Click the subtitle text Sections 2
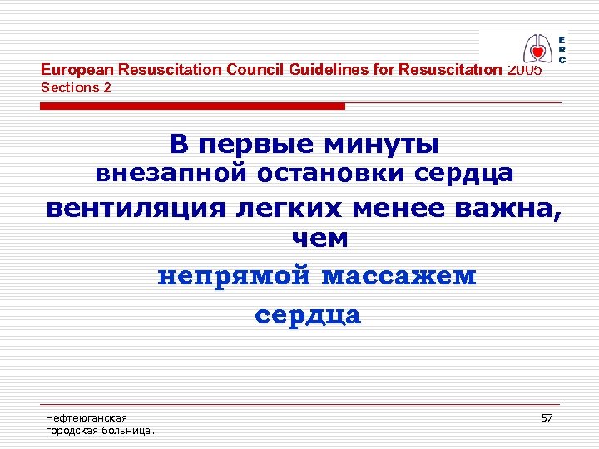76,87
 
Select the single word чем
319,239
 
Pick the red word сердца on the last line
308,315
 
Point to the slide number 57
547,417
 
